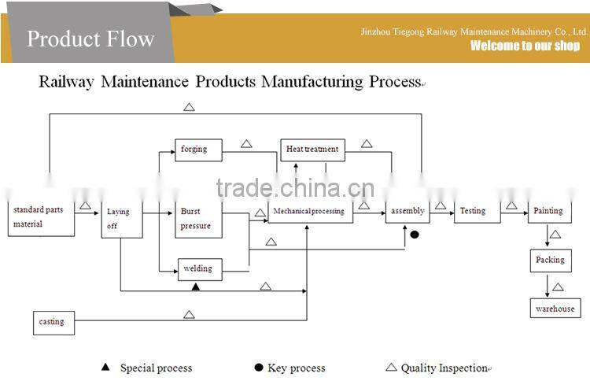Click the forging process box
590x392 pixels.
(x=198, y=150)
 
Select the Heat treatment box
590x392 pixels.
(x=312, y=150)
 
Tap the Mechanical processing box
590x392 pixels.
(x=307, y=212)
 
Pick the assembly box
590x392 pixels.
(x=407, y=211)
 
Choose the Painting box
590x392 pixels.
(x=548, y=211)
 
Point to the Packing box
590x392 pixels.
(x=550, y=260)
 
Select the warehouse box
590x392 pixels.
(x=555, y=309)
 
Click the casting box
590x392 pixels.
(x=53, y=322)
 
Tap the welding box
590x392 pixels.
(x=198, y=268)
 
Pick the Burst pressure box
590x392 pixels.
(x=198, y=219)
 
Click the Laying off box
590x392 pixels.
(x=121, y=219)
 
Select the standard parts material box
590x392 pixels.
(x=41, y=218)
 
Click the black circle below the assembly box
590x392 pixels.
(x=415, y=235)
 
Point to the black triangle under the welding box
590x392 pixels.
(x=196, y=287)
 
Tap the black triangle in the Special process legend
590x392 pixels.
(x=105, y=368)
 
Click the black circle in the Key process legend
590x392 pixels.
(x=258, y=368)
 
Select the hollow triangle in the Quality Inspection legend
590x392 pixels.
(x=391, y=367)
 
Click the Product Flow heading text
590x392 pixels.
(x=90, y=39)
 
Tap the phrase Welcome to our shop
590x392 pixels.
(x=525, y=46)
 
